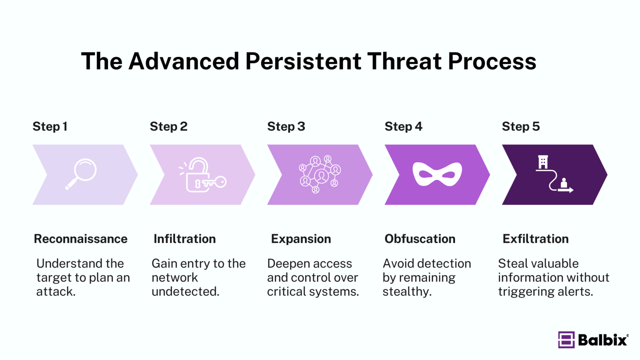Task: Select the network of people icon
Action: (320, 174)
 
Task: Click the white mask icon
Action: (437, 174)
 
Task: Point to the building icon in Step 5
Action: (542, 162)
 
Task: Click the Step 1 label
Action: (50, 126)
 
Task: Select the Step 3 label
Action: (286, 126)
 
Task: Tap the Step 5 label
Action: (520, 126)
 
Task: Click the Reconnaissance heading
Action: (80, 239)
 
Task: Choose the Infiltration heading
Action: (185, 239)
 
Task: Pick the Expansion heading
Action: (301, 239)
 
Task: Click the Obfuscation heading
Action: (420, 239)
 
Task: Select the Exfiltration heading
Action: (535, 239)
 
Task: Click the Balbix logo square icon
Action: (566, 340)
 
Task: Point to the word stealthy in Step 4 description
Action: (407, 292)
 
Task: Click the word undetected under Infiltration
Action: (185, 292)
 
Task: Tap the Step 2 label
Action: (168, 126)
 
